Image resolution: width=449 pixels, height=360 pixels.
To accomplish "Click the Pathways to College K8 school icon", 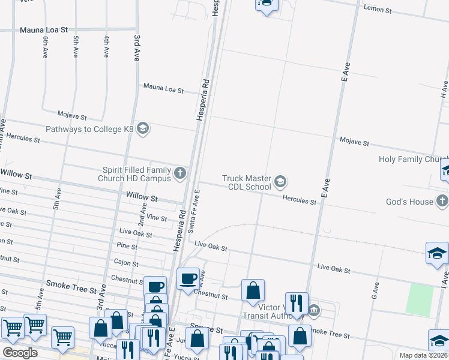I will (x=143, y=129).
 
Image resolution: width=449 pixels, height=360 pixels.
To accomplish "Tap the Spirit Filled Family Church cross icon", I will (x=180, y=174).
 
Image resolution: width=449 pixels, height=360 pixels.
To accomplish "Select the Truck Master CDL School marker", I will (x=280, y=181).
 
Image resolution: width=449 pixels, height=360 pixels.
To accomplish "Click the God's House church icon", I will (x=442, y=202).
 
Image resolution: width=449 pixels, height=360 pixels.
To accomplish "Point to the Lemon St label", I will (x=378, y=9).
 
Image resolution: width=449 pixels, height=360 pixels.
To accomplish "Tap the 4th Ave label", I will (x=106, y=47).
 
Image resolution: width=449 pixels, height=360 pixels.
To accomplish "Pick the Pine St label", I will (x=127, y=246).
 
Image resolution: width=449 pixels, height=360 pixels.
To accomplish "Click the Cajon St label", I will (x=126, y=262).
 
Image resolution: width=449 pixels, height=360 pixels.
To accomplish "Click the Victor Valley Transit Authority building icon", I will (x=313, y=310).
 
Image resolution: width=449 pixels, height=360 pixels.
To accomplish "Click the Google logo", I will (x=20, y=353).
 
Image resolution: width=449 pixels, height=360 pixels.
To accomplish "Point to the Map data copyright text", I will (x=424, y=355).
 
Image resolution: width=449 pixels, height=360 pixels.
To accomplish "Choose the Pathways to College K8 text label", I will (x=90, y=129).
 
